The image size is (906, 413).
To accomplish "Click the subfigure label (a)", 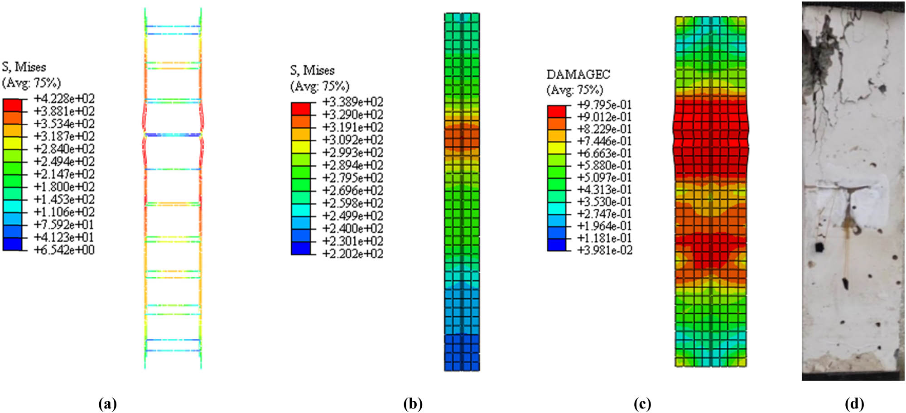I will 107,403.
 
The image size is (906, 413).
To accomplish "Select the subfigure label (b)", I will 413,403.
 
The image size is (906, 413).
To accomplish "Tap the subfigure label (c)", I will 642,403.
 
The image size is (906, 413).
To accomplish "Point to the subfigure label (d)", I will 854,403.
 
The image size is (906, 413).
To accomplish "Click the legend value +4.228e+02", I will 64,99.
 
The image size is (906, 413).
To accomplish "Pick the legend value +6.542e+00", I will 64,250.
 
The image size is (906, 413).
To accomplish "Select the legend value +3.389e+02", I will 352,102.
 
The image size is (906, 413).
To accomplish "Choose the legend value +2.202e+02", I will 352,254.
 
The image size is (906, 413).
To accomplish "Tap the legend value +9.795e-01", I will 604,105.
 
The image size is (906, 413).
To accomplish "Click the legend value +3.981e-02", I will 604,250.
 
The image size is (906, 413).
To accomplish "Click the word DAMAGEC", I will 578,74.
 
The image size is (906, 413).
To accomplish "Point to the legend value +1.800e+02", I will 64,187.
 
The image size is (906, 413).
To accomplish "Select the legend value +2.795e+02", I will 352,178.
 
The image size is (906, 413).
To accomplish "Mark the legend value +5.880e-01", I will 604,165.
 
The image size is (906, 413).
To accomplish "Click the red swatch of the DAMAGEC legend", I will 556,111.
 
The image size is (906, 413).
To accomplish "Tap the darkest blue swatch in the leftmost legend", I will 12,244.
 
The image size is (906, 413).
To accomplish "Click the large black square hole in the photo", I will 819,247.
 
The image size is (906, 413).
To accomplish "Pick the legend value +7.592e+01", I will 64,225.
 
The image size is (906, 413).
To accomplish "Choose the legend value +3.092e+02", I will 352,140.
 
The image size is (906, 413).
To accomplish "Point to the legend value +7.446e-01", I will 604,141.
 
